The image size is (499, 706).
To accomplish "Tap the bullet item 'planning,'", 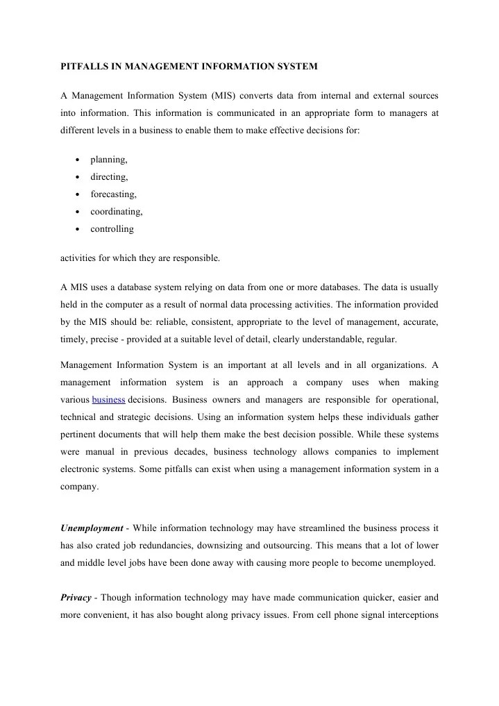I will (109, 160).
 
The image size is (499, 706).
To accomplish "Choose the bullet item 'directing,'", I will (109, 177).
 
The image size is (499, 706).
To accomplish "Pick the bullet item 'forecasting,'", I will (113, 194).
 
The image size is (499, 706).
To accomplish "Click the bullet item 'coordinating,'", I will (117, 211).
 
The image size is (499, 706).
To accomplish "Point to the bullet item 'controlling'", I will (112, 228).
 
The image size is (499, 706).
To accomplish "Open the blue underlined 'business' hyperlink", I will (108, 400).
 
